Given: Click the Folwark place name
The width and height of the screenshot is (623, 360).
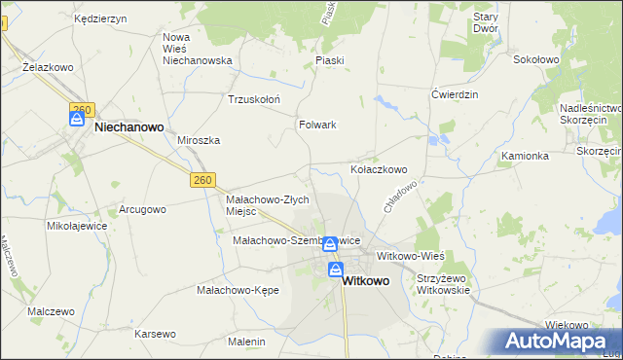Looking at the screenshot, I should point(317,125).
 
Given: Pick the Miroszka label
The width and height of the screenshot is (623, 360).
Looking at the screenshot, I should point(199,140).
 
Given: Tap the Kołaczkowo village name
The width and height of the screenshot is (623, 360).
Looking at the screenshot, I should point(379,169).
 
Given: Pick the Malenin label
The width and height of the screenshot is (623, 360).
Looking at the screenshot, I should point(246,342).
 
